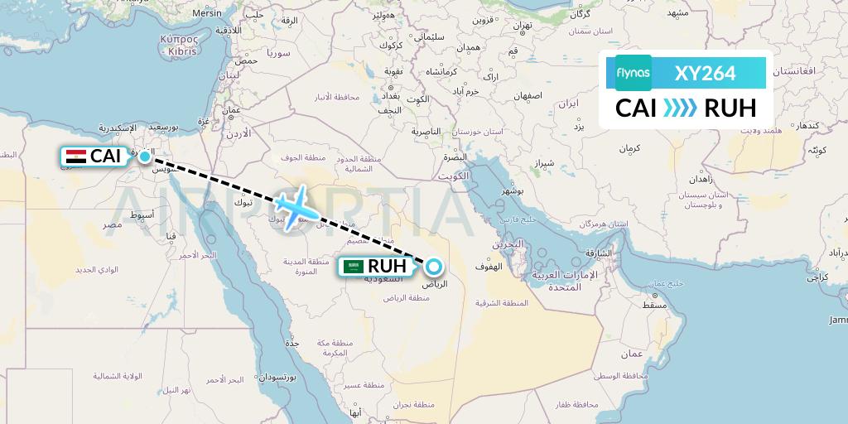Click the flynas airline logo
pos(634,73)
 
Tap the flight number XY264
pos(705,74)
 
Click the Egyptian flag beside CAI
pos(75,157)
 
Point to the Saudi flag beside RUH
pos(354,267)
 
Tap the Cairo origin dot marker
pos(145,157)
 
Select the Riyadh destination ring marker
pos(433,267)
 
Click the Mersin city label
pos(206,13)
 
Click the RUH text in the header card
pos(730,108)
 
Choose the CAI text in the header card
pos(637,108)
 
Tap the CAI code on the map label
pos(105,157)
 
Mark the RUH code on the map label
pos(387,267)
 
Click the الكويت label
pos(455,176)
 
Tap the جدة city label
pos(291,341)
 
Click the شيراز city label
pos(544,163)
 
